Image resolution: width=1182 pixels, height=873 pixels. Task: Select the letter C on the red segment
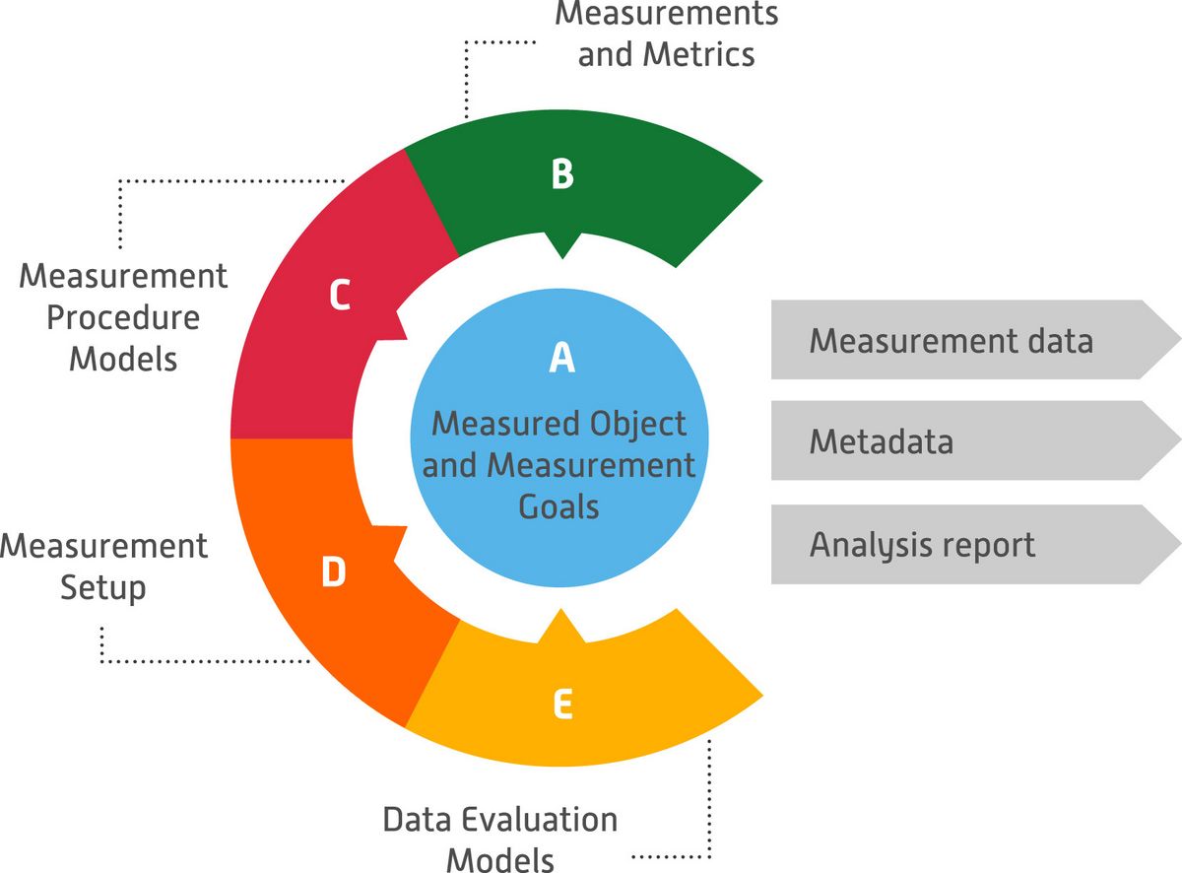340,296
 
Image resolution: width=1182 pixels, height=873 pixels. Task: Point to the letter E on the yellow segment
561,705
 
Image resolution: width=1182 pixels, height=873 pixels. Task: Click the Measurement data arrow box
965,340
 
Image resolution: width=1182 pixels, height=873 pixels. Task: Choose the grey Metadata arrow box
965,440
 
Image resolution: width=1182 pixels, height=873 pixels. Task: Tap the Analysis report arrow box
965,545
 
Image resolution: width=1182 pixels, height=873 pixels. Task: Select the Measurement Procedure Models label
123,316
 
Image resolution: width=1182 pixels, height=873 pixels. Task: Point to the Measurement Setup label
104,567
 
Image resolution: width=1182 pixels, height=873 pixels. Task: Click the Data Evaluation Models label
500,838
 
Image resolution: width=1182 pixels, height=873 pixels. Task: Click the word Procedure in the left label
123,317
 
